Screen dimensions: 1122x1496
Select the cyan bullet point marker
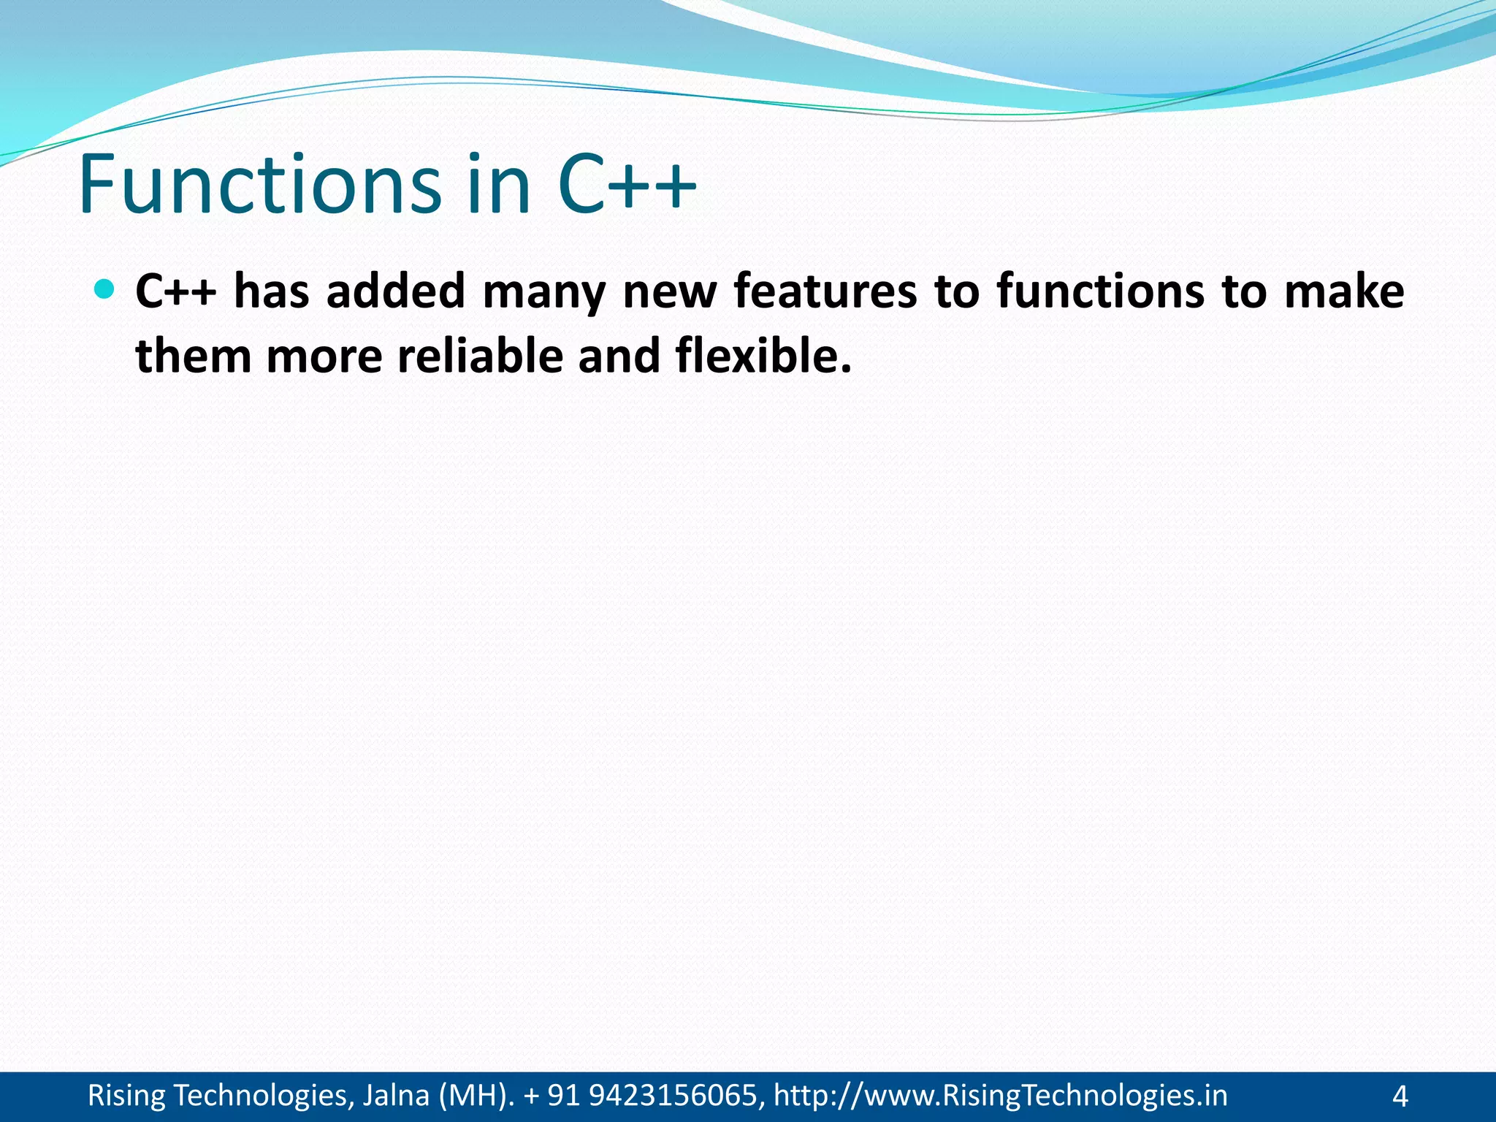pyautogui.click(x=105, y=289)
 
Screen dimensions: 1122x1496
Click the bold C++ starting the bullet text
pyautogui.click(x=176, y=291)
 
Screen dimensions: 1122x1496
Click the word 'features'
pyautogui.click(x=825, y=291)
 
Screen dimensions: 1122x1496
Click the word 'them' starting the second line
pyautogui.click(x=194, y=356)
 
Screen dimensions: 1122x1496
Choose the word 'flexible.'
pyautogui.click(x=763, y=356)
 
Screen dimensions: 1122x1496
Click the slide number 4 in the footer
pyautogui.click(x=1400, y=1096)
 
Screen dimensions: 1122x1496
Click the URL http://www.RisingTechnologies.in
pyautogui.click(x=1000, y=1096)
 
